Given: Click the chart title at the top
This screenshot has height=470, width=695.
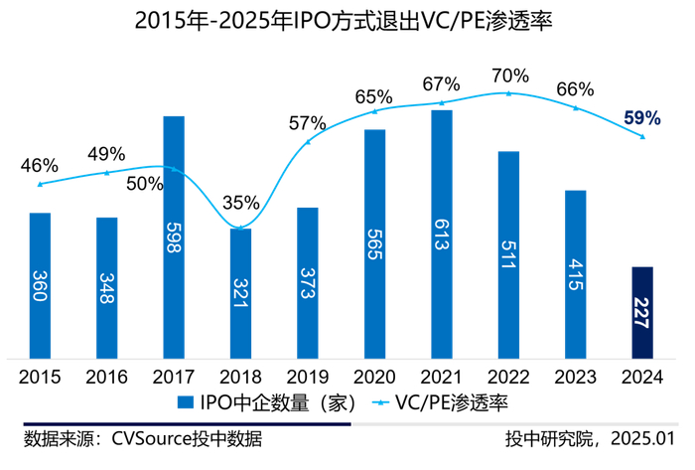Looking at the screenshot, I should tap(347, 20).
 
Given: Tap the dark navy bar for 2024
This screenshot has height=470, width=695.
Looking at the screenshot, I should tap(642, 312).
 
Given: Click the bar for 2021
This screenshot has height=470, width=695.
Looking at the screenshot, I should tap(442, 234).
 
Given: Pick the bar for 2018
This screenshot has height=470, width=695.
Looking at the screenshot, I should tap(240, 293).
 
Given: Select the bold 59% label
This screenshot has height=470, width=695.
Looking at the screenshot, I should tap(641, 118).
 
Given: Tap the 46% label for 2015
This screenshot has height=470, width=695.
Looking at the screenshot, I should tap(40, 165).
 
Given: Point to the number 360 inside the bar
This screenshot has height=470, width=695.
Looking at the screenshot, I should tap(40, 284).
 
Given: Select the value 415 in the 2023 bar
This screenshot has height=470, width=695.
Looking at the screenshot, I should tap(576, 274).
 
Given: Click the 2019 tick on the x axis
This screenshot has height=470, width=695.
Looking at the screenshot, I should tap(308, 378).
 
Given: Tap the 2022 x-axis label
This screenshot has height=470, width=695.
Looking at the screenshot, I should tap(508, 378).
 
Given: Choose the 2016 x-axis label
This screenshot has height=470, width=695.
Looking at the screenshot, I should tap(106, 378).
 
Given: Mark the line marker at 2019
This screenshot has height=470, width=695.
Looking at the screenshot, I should tap(308, 142).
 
